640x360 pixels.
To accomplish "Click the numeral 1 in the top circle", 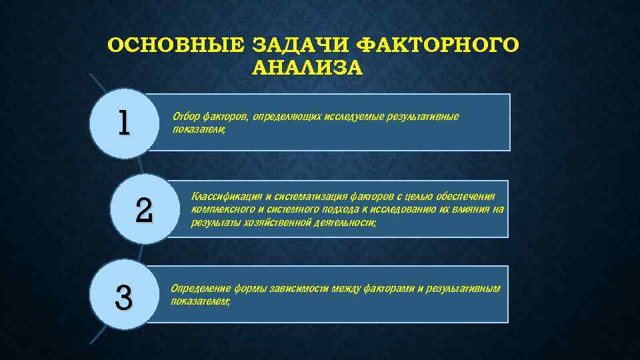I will click(x=123, y=122).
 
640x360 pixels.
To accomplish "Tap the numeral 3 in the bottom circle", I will click(x=123, y=297).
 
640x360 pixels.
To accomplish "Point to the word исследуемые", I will click(x=354, y=117).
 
